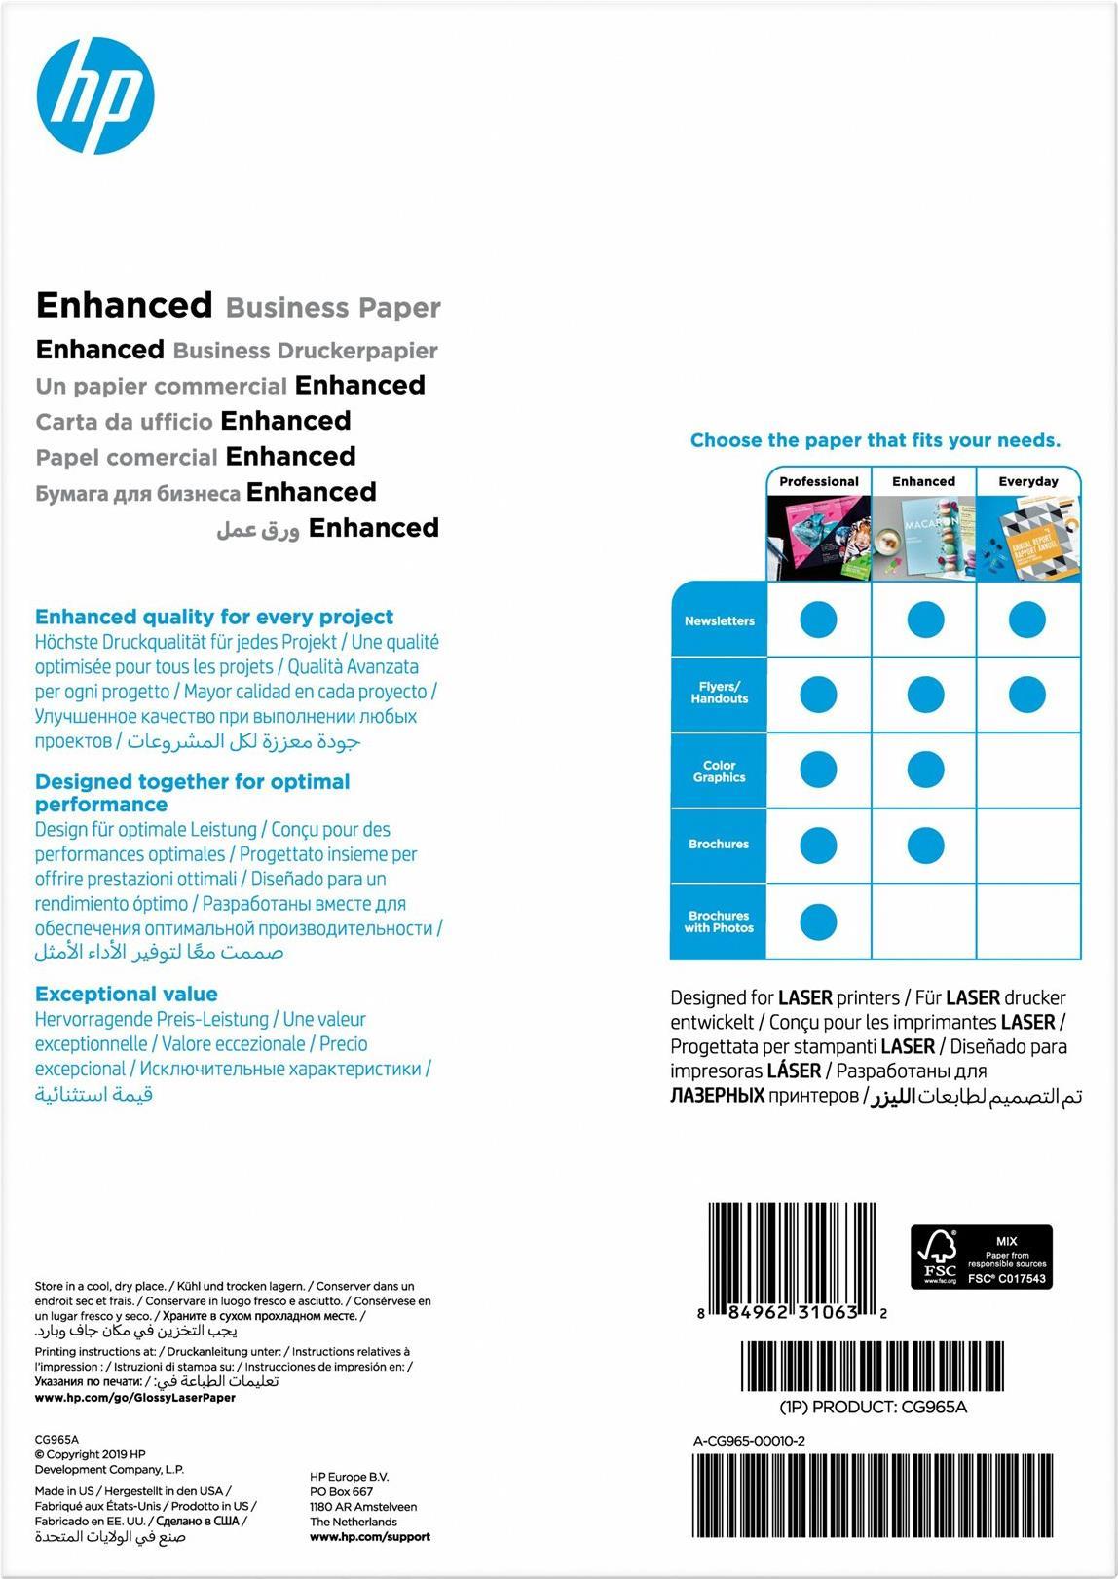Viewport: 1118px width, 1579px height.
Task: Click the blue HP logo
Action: click(95, 95)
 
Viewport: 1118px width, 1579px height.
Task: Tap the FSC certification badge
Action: click(981, 1257)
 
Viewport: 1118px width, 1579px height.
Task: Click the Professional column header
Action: click(818, 481)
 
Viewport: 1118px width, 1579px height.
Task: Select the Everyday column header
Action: click(1027, 481)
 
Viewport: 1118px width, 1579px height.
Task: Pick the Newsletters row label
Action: click(719, 620)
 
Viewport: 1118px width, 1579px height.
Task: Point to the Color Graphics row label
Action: click(719, 771)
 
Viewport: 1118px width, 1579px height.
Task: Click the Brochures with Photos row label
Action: click(719, 921)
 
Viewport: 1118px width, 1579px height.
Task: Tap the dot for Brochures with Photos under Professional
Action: click(818, 921)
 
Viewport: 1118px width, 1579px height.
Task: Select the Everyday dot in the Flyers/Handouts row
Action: click(1027, 695)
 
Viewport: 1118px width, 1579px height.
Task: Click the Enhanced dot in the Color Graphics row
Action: click(925, 770)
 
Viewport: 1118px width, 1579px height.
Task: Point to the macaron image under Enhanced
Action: click(923, 539)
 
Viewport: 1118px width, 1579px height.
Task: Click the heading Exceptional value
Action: click(127, 994)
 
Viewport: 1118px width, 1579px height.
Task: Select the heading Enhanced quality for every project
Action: click(214, 617)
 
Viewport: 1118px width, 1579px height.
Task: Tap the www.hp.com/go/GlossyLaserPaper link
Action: click(135, 1397)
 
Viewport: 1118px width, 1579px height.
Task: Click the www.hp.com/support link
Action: click(370, 1537)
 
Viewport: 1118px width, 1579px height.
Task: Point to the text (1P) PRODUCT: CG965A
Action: click(874, 1407)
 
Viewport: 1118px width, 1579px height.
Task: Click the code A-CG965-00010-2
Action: click(749, 1441)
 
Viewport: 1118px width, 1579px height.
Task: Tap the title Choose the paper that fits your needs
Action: click(876, 440)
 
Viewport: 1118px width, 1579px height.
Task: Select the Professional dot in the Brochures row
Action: click(818, 846)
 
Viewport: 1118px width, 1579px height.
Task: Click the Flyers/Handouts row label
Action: click(719, 693)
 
